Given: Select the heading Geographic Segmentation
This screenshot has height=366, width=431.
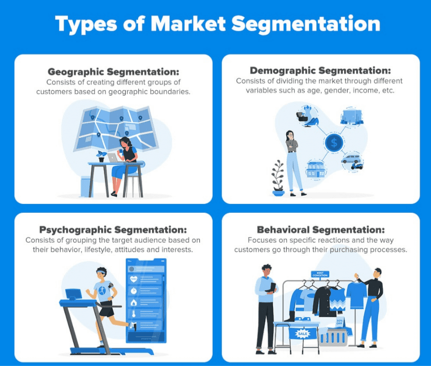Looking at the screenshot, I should tap(113, 71).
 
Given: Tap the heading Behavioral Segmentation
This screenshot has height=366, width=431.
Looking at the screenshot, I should tap(321, 229).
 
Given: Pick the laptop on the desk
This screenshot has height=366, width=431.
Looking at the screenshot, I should tap(113, 158).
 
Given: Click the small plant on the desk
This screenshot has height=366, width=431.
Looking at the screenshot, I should tap(101, 156).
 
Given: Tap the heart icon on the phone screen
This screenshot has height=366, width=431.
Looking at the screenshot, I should tap(134, 279).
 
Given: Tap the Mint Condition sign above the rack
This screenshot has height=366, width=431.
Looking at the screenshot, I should tap(320, 274).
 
